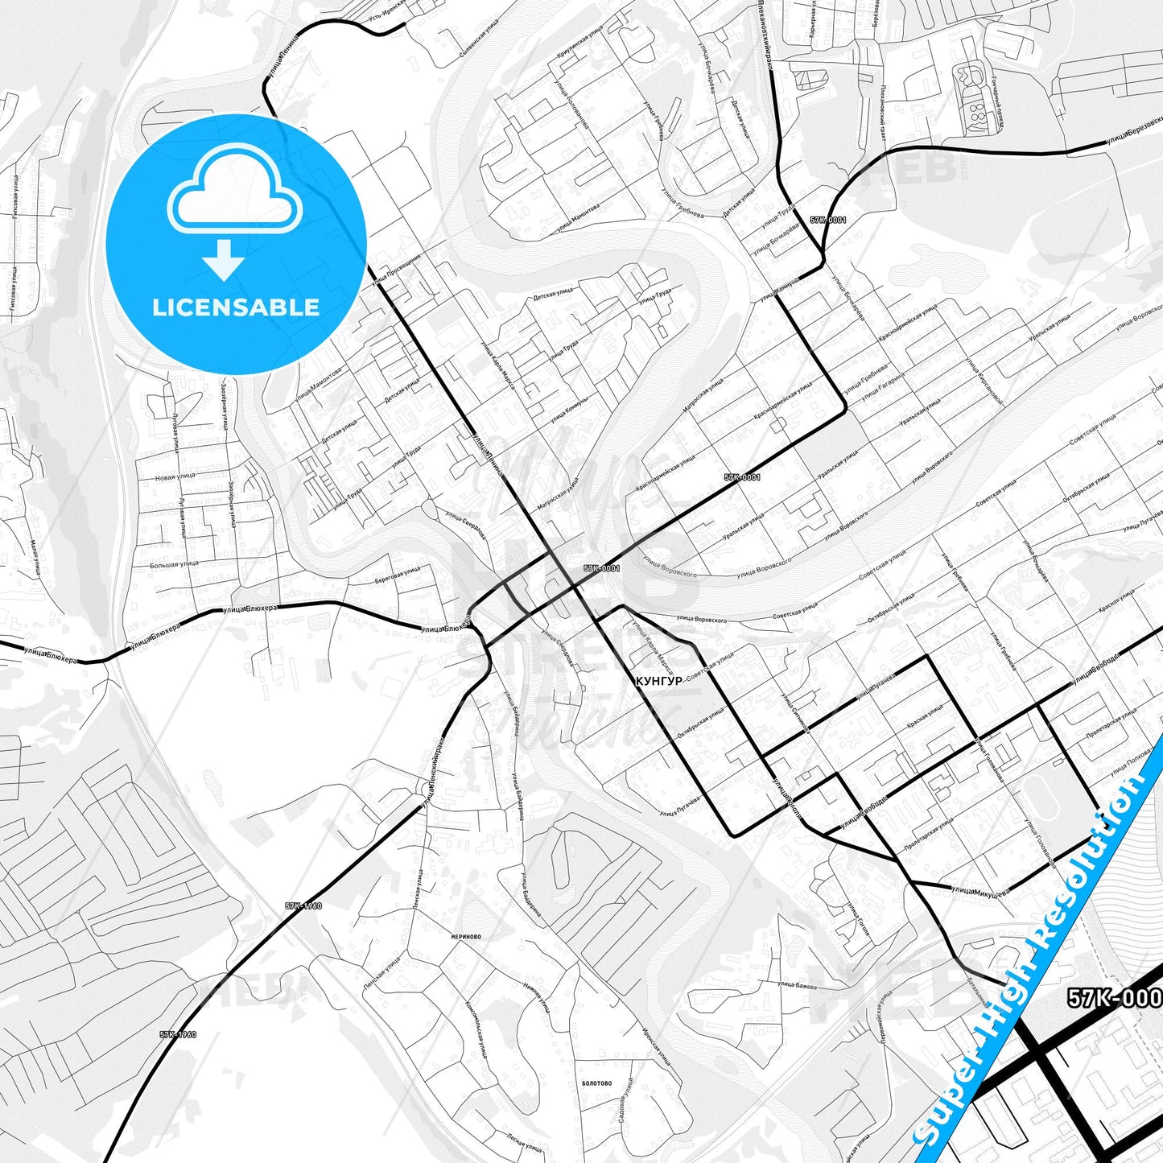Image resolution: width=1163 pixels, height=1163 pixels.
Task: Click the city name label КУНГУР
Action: click(658, 681)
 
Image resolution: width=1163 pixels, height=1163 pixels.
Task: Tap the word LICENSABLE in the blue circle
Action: click(236, 307)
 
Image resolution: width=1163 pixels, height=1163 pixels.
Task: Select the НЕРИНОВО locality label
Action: click(466, 937)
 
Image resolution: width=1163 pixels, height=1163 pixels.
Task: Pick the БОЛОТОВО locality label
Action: click(596, 1083)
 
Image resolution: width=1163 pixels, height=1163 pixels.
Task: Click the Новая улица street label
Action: click(175, 476)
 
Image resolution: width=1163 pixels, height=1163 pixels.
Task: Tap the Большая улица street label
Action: click(174, 565)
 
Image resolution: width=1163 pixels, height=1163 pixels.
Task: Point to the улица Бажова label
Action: click(797, 985)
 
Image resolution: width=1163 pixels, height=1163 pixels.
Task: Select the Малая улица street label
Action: click(35, 558)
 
